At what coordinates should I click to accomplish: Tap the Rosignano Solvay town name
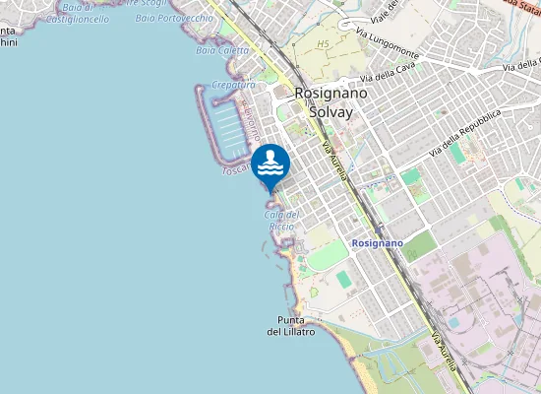pos(324,102)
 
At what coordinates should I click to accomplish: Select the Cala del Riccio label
pos(281,221)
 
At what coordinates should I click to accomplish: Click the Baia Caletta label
pos(222,49)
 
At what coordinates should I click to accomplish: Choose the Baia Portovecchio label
pos(174,18)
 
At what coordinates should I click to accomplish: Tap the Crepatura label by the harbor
pos(233,86)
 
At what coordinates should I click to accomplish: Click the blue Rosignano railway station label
pos(377,242)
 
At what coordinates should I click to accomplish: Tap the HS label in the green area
pos(324,44)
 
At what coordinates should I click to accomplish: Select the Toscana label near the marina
pos(237,169)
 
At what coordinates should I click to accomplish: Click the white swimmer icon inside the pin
pos(270,162)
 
